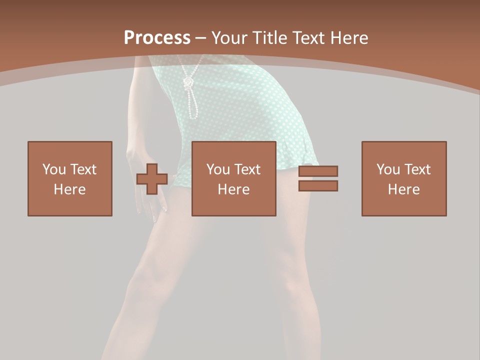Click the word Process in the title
point(157,37)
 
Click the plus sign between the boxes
point(152,179)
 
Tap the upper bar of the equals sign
point(318,171)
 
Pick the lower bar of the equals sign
point(318,185)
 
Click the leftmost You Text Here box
point(70,178)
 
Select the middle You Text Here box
point(233,178)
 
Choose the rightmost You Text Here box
point(403,178)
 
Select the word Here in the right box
point(403,189)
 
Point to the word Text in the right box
point(416,169)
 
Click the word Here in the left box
point(70,189)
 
